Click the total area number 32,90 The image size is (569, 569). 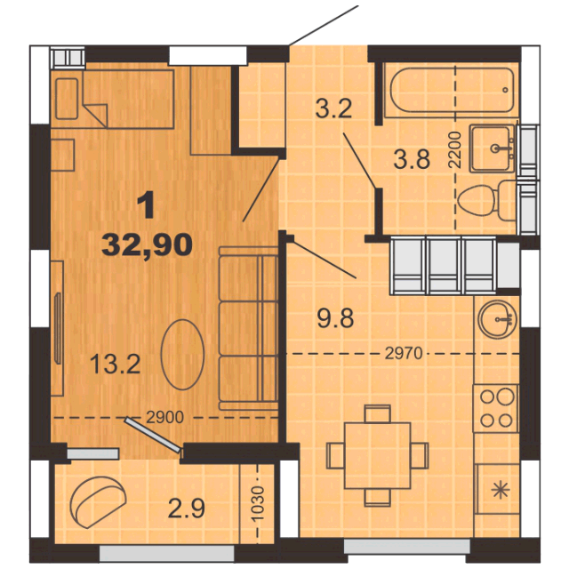(147, 245)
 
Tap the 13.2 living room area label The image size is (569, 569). (115, 364)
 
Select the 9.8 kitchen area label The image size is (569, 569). (335, 318)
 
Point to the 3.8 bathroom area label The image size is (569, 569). (412, 159)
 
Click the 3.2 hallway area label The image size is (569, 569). (333, 108)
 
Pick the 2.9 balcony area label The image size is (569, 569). (187, 508)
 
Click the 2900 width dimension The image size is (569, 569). (164, 417)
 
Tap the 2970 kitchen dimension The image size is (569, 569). (404, 353)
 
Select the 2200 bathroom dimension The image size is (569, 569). (454, 149)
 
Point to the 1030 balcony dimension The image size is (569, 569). (257, 504)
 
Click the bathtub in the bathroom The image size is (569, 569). (453, 90)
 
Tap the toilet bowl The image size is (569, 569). (486, 201)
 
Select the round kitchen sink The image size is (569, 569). (498, 319)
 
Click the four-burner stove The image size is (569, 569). (496, 408)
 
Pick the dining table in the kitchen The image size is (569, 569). (377, 455)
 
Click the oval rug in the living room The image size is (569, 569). (182, 354)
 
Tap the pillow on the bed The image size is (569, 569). (67, 99)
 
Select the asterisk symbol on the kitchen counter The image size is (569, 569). (501, 490)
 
